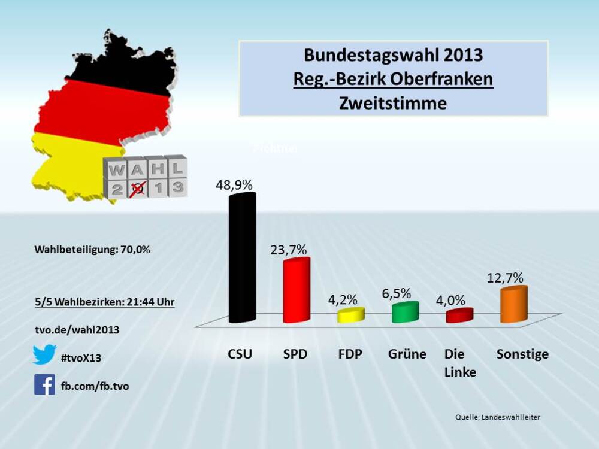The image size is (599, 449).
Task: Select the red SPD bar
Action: (296, 290)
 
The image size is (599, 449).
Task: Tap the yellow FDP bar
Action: (351, 315)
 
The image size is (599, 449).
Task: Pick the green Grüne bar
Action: (405, 313)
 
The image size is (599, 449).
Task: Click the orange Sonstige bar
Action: (514, 305)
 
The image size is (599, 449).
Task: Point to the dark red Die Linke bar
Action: (459, 315)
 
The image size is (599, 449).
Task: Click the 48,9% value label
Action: (234, 185)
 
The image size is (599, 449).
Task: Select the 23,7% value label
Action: (289, 248)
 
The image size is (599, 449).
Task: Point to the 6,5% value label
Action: (397, 293)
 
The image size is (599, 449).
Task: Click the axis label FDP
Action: (350, 354)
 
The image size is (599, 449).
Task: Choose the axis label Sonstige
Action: (522, 354)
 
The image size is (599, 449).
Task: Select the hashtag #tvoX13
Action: (81, 358)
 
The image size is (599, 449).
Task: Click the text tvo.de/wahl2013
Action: (76, 330)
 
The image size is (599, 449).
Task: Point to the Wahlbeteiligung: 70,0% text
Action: (92, 250)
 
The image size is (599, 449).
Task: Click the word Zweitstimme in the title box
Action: (393, 103)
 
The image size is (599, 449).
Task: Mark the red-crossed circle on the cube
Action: (138, 189)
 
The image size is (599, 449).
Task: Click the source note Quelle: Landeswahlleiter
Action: (498, 417)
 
